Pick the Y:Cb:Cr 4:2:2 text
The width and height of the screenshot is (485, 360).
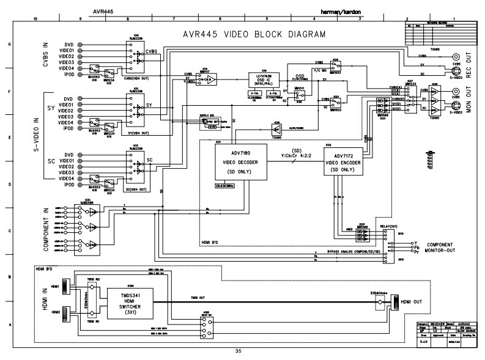pyautogui.click(x=297, y=156)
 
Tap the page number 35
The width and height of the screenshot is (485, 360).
pyautogui.click(x=246, y=351)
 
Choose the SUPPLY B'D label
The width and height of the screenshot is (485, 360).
pyautogui.click(x=208, y=114)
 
